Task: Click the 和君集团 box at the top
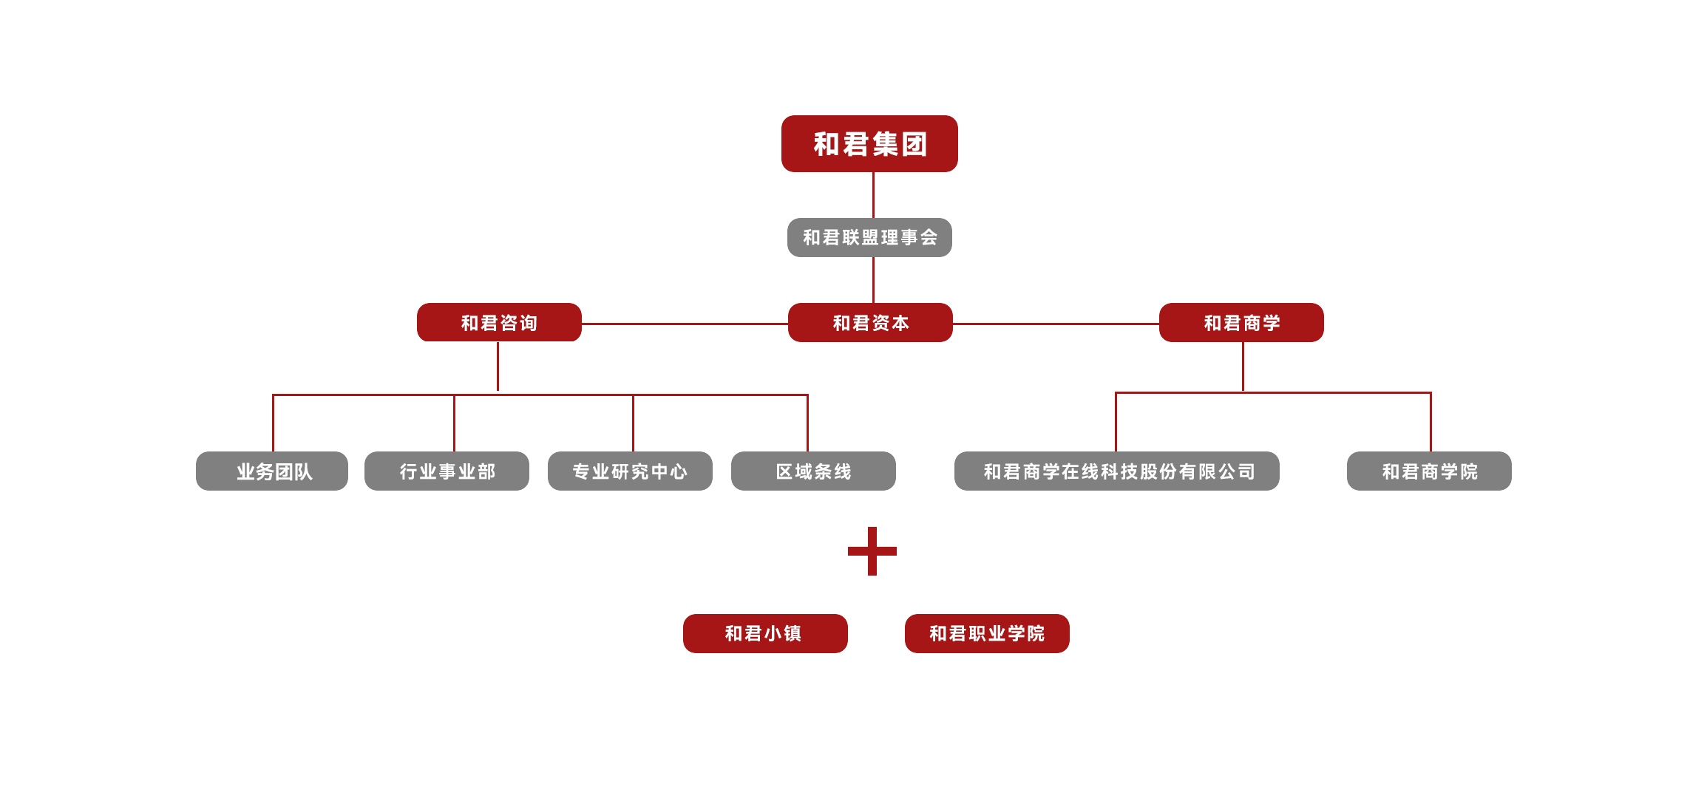coord(869,143)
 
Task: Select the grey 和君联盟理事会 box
coord(869,237)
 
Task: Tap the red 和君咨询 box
coord(499,322)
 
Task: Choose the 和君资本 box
coord(870,322)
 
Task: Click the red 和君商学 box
coord(1241,322)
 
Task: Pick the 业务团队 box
coord(272,471)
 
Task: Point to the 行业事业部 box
coord(447,471)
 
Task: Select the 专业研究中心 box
coord(630,471)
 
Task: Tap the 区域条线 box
coord(813,471)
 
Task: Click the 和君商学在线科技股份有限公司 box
coord(1116,471)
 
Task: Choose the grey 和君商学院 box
coord(1429,471)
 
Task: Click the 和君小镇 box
coord(765,633)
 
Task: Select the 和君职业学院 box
coord(987,633)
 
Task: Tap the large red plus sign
coord(872,551)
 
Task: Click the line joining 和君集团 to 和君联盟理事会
coord(873,195)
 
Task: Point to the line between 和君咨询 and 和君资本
coord(685,324)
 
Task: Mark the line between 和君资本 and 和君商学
coord(1056,324)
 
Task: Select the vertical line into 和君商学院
coord(1431,423)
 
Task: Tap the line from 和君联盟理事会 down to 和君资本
coord(873,280)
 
